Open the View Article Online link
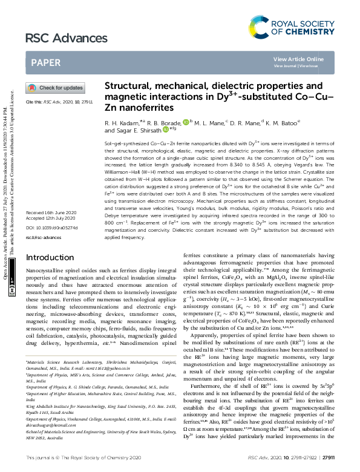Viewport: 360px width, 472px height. pyautogui.click(x=307, y=59)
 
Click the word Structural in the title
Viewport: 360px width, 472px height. pyautogui.click(x=129, y=86)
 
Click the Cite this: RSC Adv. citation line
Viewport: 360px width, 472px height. pyautogui.click(x=59, y=102)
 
